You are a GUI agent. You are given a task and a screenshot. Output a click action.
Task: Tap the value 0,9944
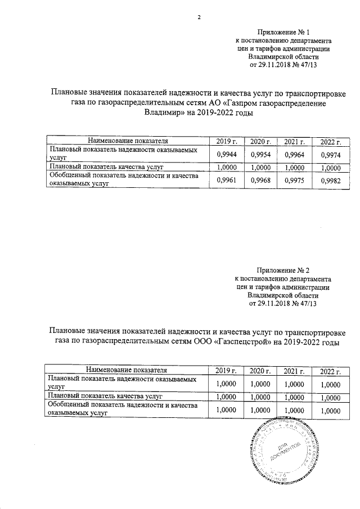point(226,154)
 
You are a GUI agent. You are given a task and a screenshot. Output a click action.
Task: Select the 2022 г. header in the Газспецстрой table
point(330,371)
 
